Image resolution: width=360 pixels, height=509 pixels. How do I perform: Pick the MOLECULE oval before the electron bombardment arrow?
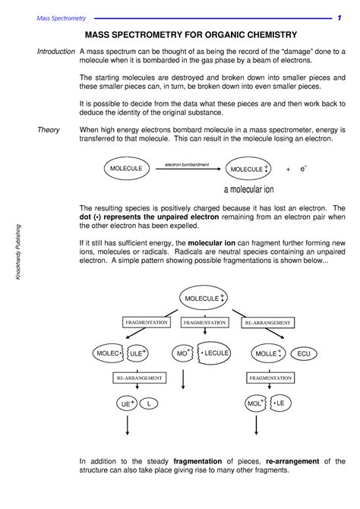[128, 169]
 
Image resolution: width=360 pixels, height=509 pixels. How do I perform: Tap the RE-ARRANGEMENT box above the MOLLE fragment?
[264, 323]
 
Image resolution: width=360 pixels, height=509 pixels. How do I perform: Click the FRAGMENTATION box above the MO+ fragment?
[204, 323]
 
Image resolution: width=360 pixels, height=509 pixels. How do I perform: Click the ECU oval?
[304, 353]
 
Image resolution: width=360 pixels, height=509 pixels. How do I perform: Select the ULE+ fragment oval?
[137, 353]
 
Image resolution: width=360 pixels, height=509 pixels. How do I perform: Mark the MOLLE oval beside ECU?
[267, 353]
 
